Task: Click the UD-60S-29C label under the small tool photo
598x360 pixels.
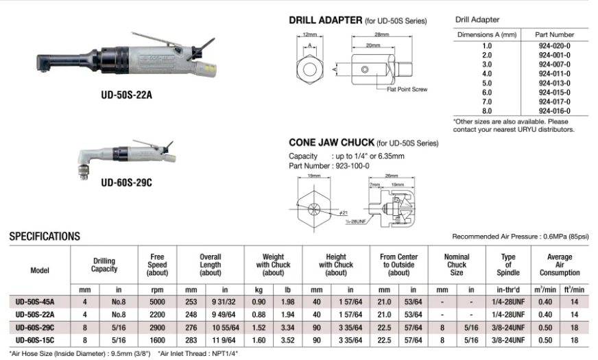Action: point(126,182)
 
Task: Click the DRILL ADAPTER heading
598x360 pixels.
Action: point(325,21)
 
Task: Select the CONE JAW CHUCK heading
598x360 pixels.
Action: point(331,143)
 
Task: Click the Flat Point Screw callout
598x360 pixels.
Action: point(408,90)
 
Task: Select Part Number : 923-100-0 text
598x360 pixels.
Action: point(328,165)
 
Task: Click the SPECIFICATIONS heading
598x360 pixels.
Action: point(44,237)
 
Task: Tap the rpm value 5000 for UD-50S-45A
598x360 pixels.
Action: point(157,301)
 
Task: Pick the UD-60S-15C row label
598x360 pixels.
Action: point(35,340)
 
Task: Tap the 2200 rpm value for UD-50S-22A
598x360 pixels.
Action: point(157,314)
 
